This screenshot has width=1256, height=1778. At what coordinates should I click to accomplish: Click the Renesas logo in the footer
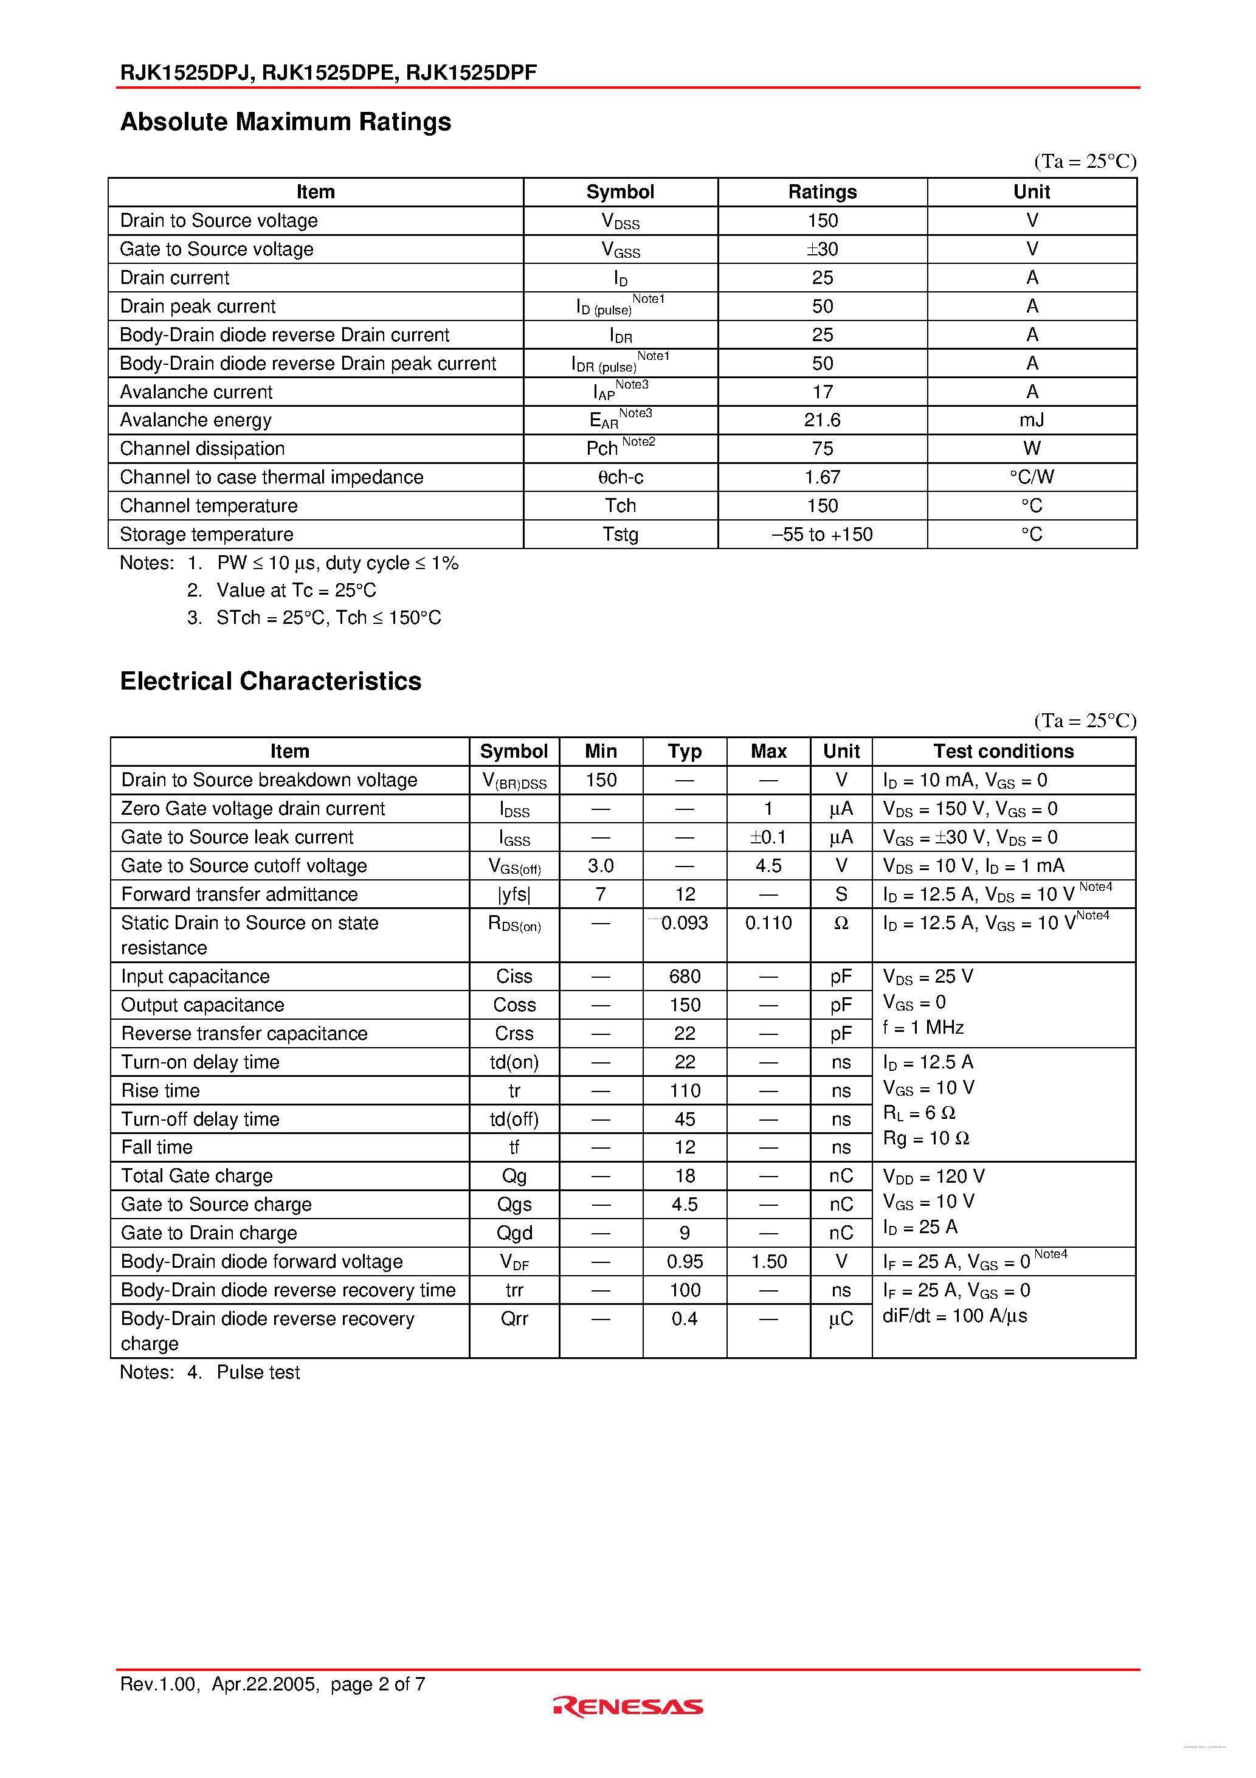pyautogui.click(x=628, y=1706)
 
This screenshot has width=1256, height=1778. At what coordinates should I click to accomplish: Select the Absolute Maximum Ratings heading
pyautogui.click(x=286, y=122)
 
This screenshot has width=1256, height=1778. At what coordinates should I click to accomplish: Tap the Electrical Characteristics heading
pyautogui.click(x=271, y=680)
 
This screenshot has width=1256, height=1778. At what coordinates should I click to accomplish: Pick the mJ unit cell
pyautogui.click(x=1032, y=420)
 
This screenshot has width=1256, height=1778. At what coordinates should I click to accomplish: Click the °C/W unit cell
pyautogui.click(x=1032, y=477)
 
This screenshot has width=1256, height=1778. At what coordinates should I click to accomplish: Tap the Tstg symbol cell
pyautogui.click(x=620, y=534)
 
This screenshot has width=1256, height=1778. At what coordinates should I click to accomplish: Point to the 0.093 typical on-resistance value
pyautogui.click(x=685, y=923)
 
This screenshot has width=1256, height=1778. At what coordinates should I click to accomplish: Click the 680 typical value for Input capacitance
pyautogui.click(x=685, y=977)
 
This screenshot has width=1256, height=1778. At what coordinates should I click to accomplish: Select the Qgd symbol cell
pyautogui.click(x=514, y=1233)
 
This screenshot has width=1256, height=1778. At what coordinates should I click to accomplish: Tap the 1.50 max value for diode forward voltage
pyautogui.click(x=768, y=1262)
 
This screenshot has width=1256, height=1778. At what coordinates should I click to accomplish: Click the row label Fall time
pyautogui.click(x=157, y=1147)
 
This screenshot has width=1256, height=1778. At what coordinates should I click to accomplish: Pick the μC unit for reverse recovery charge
pyautogui.click(x=841, y=1319)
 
